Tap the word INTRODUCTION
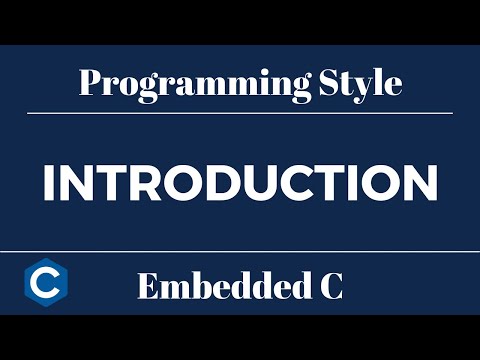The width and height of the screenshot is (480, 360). coord(240,183)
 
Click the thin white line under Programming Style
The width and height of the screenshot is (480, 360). coord(240,113)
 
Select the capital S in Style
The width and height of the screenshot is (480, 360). coord(331,82)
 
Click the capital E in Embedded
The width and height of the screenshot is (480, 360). coord(146,288)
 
